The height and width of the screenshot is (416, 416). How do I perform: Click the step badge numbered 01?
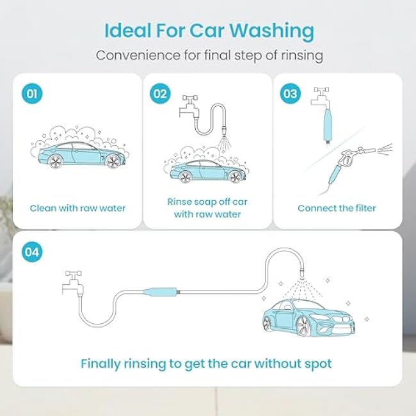coord(32,93)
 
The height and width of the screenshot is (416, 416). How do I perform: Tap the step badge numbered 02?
coord(160,93)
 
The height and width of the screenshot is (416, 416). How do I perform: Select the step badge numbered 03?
coord(291,93)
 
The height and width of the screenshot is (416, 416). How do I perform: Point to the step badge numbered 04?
coord(32,252)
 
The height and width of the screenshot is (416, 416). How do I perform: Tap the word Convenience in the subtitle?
coord(138,56)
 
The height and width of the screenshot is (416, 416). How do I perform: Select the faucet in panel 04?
coord(73,283)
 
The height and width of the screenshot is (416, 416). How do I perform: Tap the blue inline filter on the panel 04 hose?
coord(161,292)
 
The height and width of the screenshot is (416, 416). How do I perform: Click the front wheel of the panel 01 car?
coord(113,161)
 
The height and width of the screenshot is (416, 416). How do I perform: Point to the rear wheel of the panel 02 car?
coord(186,176)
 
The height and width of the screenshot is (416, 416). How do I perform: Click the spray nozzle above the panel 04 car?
coord(301,273)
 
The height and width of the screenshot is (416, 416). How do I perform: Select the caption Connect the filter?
coord(337,208)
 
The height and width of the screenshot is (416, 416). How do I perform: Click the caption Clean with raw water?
coord(77,208)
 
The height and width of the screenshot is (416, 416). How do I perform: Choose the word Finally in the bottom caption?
coord(100,364)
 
